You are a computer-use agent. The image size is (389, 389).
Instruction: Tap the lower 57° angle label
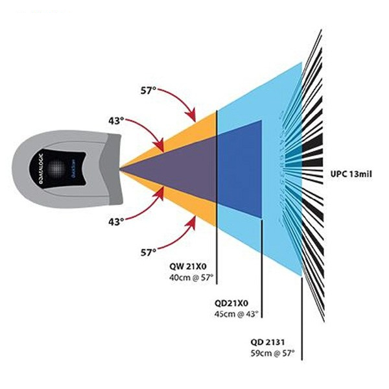pos(148,250)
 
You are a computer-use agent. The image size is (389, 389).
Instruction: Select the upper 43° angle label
pos(117,121)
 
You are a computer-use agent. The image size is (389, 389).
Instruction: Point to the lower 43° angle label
pos(117,222)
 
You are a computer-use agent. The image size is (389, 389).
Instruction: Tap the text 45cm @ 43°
pos(236,314)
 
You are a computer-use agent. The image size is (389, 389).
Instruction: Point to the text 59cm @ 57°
pos(273,353)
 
